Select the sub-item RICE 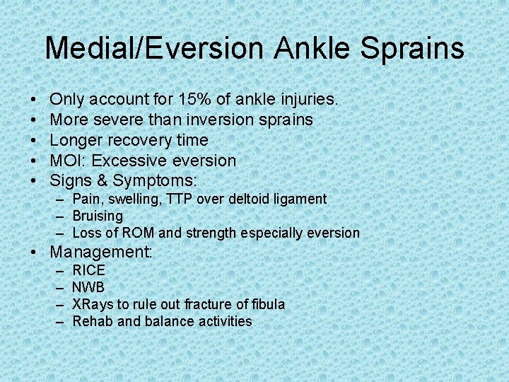coord(88,270)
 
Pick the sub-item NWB coord(88,287)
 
